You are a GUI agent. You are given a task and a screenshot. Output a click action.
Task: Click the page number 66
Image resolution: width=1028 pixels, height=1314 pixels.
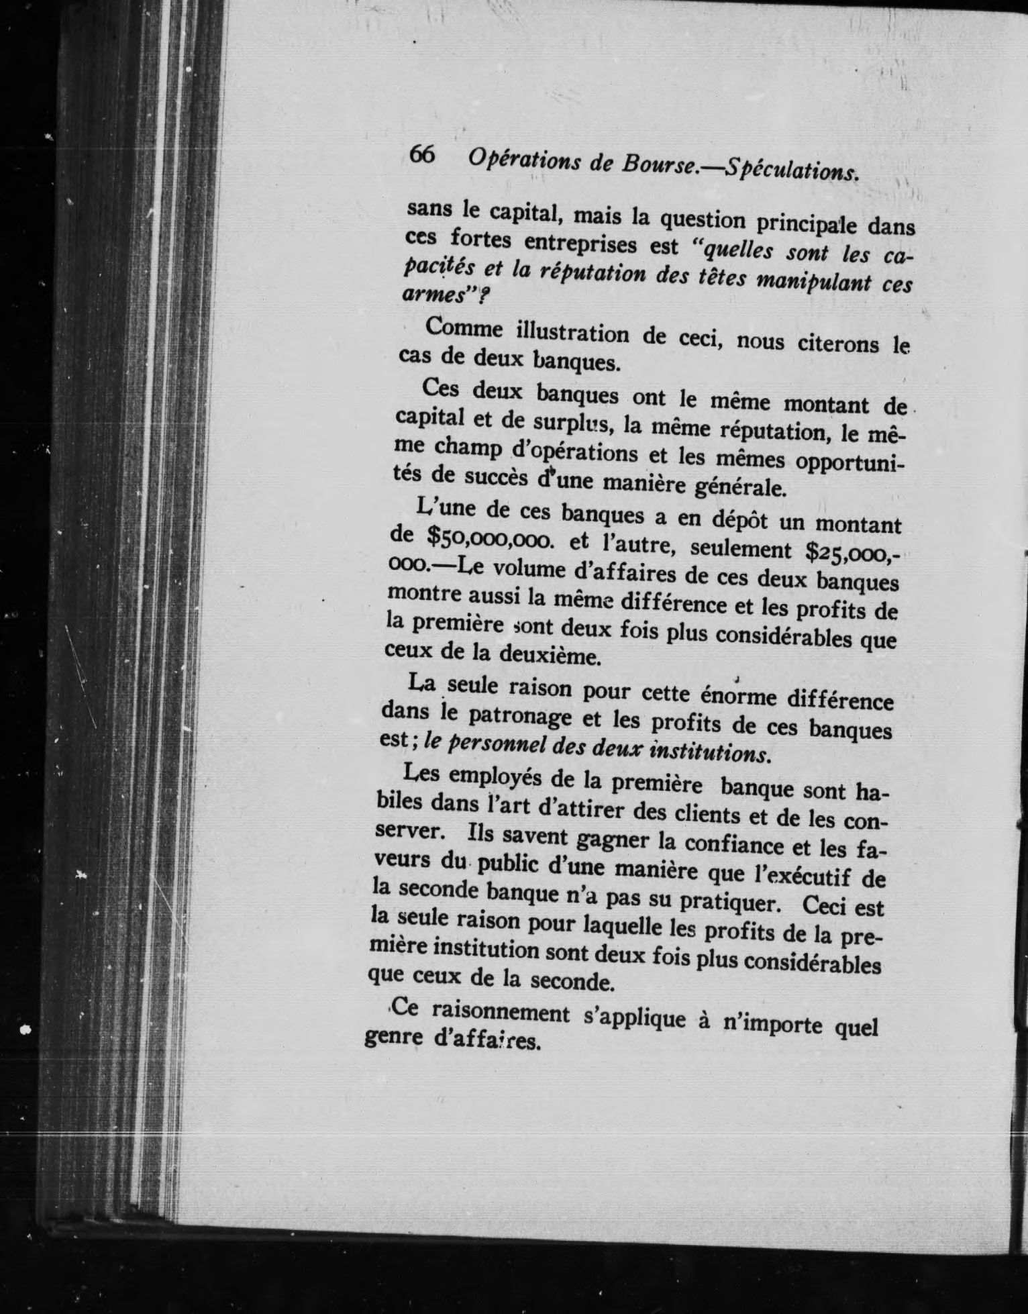pos(422,155)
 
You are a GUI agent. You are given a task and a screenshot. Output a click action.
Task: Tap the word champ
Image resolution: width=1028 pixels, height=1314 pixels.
pos(468,446)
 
